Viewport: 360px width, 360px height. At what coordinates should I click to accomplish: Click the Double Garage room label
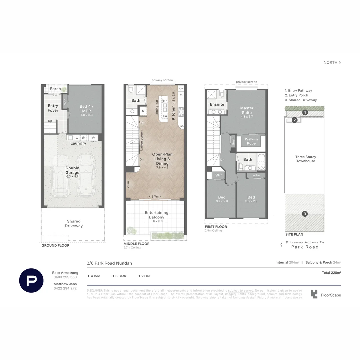coord(72,170)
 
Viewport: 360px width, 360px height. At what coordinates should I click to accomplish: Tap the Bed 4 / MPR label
coord(86,109)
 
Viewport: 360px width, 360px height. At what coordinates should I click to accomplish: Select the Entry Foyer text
coord(53,108)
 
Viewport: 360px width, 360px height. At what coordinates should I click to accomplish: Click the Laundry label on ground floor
coord(78,143)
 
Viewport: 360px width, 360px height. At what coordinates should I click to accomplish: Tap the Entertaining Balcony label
coord(156,215)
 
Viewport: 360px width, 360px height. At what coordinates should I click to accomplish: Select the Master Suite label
coord(247,110)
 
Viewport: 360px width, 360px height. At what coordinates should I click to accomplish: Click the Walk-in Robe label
coord(251,141)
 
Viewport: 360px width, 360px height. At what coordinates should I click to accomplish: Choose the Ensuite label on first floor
coord(217,104)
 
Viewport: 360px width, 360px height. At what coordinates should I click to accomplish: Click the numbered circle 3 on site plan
coord(305,214)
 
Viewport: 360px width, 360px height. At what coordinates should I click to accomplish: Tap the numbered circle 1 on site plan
coord(305,113)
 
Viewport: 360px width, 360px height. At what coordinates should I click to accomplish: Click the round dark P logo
coord(31,280)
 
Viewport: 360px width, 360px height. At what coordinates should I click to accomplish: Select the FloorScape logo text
coord(331,295)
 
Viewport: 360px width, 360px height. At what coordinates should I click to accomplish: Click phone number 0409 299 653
coord(65,277)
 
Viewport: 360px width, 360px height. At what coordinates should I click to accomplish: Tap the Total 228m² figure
coord(331,273)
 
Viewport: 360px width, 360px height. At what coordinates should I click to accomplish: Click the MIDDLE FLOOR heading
coord(136,244)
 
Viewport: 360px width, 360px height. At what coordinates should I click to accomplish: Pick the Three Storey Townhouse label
coord(306,159)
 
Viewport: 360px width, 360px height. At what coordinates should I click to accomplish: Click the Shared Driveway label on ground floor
coord(74,223)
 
